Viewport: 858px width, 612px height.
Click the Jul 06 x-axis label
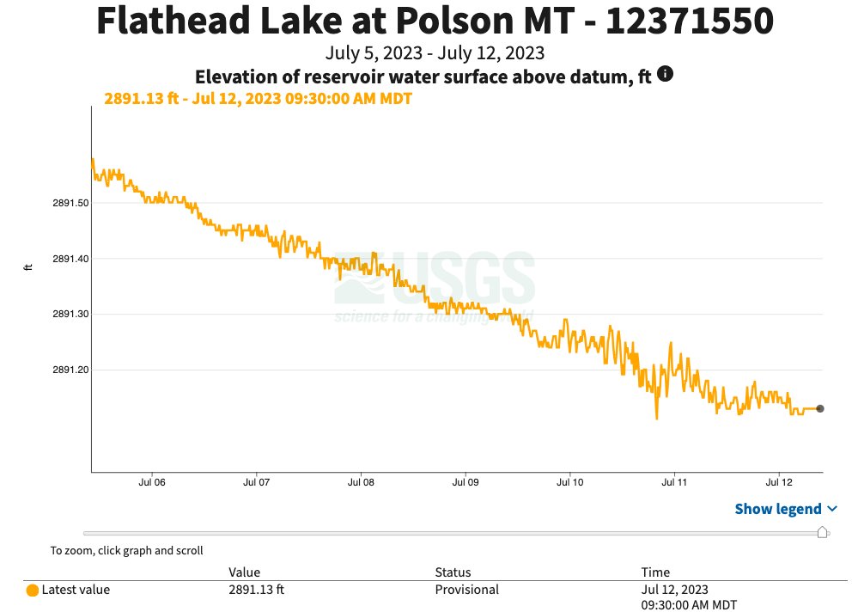[152, 483]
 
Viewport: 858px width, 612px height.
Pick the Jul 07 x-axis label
[257, 483]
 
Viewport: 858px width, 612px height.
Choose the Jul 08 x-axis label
[361, 483]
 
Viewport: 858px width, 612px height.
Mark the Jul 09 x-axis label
[466, 483]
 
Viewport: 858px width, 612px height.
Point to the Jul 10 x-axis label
[570, 483]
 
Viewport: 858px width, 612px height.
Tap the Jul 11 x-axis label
[674, 483]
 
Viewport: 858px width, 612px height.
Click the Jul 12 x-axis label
[779, 483]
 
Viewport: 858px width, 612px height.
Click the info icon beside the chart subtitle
[665, 75]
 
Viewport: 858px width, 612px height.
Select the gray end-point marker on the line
[820, 409]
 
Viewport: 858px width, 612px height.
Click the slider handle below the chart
[822, 533]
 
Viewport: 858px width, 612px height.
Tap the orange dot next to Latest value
[33, 591]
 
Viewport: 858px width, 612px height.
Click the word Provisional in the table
[466, 590]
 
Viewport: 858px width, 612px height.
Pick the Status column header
[453, 572]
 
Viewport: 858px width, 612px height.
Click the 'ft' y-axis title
[28, 267]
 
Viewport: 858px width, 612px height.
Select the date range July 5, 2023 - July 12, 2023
[435, 53]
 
